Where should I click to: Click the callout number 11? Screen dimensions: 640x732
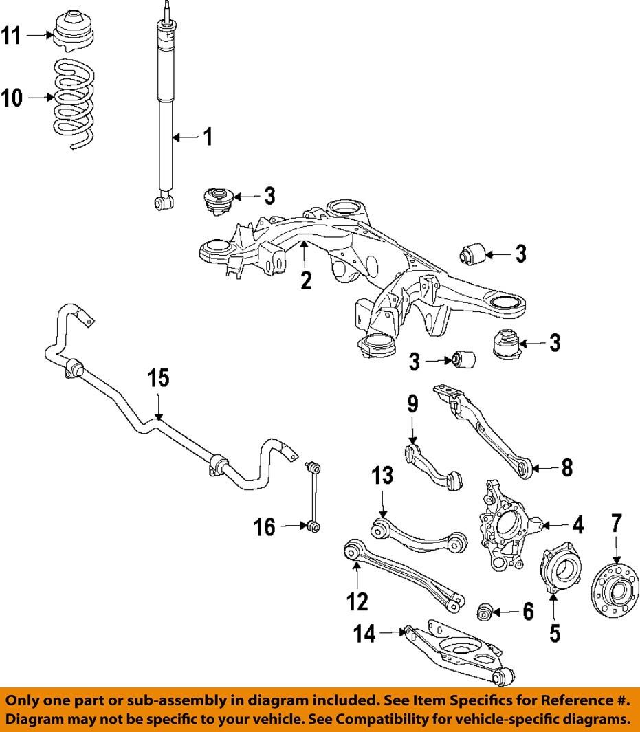[x=11, y=36]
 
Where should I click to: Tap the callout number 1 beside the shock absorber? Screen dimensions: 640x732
[x=208, y=137]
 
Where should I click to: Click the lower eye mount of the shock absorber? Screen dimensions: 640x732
[x=164, y=201]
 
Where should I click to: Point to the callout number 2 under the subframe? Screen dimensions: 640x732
[x=306, y=280]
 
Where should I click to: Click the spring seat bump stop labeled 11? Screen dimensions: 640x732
[x=74, y=29]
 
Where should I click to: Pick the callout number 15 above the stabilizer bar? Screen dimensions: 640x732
[x=158, y=378]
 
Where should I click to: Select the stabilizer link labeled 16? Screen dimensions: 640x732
[x=313, y=497]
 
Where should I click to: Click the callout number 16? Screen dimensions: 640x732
[x=265, y=527]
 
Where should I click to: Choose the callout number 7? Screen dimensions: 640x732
[x=616, y=523]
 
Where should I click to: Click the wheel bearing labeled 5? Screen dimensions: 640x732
[x=560, y=568]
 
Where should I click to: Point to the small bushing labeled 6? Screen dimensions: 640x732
[x=485, y=612]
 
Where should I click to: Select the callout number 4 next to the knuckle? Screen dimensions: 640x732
[x=578, y=525]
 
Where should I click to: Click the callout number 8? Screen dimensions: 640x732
[x=566, y=467]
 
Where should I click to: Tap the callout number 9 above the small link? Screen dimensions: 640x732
[x=412, y=404]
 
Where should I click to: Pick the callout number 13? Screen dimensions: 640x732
[x=382, y=476]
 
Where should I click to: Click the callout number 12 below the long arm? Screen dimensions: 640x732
[x=357, y=602]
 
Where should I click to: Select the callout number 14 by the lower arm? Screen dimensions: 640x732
[x=364, y=634]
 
